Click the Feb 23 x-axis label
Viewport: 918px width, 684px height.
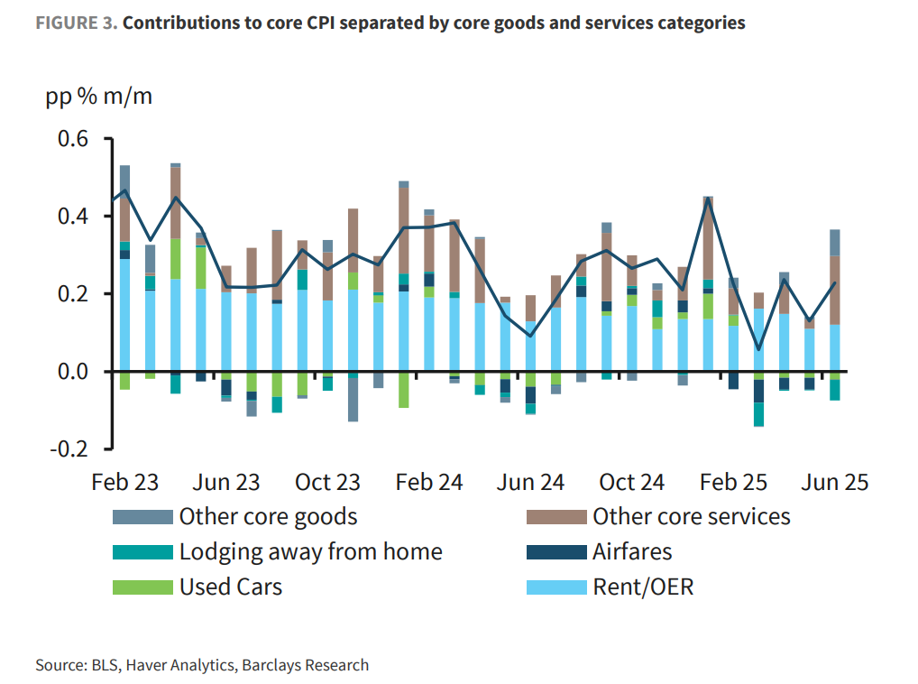pos(124,482)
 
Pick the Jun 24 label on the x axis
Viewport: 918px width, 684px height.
pos(530,482)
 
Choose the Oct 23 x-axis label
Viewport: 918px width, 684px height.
pos(327,482)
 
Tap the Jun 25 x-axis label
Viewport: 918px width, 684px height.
pos(834,482)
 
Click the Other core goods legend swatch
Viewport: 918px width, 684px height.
pos(142,517)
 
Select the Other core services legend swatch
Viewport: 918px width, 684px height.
pos(555,517)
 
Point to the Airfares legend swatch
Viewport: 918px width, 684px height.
pos(555,552)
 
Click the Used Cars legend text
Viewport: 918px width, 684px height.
pos(231,587)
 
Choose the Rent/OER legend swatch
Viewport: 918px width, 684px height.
pos(555,587)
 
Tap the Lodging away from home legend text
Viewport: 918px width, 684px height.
pos(310,552)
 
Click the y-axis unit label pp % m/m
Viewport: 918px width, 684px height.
pos(99,97)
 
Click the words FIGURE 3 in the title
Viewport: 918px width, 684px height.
pos(76,23)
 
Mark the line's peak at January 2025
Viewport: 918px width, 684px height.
pos(708,199)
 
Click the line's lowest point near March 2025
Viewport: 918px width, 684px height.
pos(758,349)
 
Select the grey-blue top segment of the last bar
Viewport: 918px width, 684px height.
pos(835,242)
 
